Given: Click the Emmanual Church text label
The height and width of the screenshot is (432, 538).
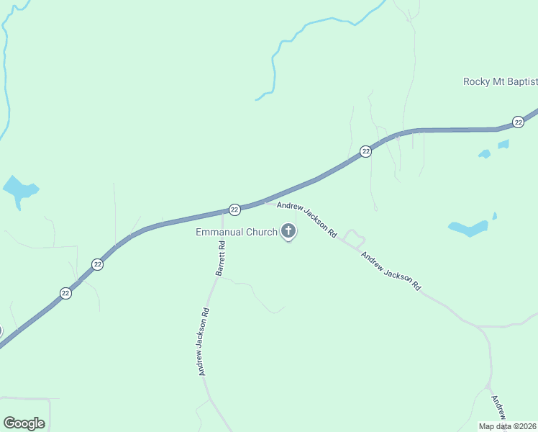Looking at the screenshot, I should [x=237, y=232].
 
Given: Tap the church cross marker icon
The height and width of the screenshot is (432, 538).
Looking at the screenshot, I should [x=288, y=231].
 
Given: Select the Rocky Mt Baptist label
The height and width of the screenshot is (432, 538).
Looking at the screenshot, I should [x=499, y=82].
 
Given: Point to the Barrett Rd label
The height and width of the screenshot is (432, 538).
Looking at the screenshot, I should [x=221, y=258].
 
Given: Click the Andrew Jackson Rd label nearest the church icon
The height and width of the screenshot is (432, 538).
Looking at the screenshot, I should [x=307, y=220].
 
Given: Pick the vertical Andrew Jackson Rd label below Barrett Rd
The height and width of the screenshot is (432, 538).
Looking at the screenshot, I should [x=204, y=342].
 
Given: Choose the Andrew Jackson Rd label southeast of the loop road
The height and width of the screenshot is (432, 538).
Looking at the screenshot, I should [x=391, y=271].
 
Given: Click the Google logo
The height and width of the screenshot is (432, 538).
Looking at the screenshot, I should [x=24, y=423].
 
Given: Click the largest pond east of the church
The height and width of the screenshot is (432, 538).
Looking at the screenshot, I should [x=468, y=228].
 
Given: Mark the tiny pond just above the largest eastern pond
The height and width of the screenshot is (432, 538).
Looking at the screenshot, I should [x=494, y=215].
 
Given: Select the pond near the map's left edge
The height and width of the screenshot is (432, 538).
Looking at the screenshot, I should [x=19, y=190].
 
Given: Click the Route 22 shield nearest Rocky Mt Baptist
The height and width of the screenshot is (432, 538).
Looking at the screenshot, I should [x=518, y=122].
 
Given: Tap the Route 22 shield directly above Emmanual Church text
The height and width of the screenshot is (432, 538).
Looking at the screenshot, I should [x=234, y=209].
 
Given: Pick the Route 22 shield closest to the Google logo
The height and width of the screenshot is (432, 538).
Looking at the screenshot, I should [x=65, y=294].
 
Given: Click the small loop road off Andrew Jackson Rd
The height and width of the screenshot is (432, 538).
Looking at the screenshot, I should [x=353, y=238].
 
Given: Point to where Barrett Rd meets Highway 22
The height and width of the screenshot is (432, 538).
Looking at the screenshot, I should [x=222, y=212].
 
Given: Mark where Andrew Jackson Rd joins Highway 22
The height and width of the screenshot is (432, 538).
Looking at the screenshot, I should [x=267, y=202].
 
